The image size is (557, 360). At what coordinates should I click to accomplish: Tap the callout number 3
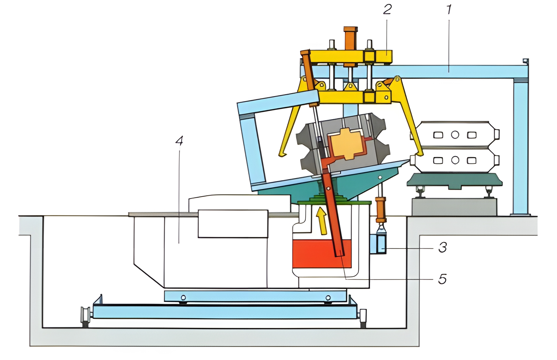443,247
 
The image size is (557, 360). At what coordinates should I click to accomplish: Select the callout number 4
179,141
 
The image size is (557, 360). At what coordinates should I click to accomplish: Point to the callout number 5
442,279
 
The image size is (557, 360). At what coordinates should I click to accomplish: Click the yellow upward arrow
322,221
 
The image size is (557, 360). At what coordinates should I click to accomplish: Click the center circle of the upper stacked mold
455,135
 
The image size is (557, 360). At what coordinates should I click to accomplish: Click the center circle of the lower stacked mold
455,160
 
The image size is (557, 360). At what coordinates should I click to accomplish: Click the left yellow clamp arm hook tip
282,154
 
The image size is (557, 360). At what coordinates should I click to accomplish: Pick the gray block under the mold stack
454,207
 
